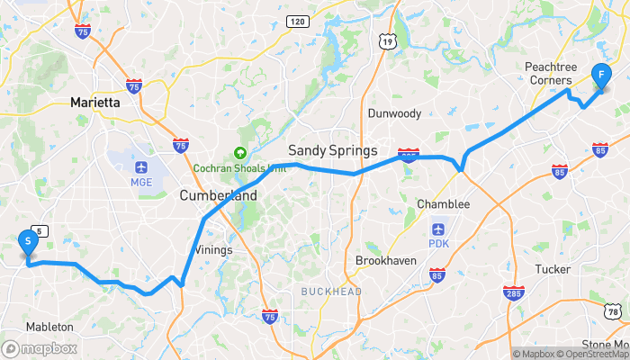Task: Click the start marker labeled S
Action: (29, 241)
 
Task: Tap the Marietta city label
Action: (94, 103)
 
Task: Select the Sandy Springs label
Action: (332, 149)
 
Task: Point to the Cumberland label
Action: (218, 195)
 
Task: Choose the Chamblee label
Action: (443, 204)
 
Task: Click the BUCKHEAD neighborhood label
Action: (331, 292)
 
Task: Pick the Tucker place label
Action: (553, 269)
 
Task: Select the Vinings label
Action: (213, 249)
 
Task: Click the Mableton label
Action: (50, 327)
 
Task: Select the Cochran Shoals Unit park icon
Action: (240, 153)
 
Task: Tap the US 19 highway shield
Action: (387, 41)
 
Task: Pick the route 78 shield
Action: (613, 311)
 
